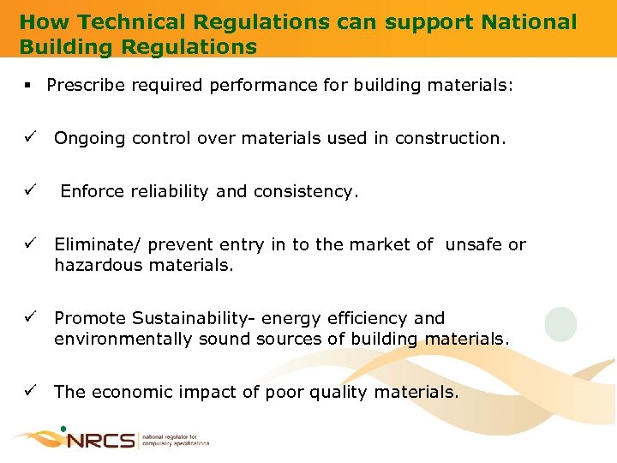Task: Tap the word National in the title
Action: (529, 22)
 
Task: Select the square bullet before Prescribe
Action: (28, 86)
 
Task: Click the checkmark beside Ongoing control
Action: (29, 138)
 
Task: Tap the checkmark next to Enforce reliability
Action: (29, 191)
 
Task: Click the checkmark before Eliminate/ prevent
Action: (29, 244)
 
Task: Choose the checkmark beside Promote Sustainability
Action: (29, 318)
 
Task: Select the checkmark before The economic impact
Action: (29, 392)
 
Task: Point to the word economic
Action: (131, 392)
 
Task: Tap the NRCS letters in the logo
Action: (101, 441)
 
